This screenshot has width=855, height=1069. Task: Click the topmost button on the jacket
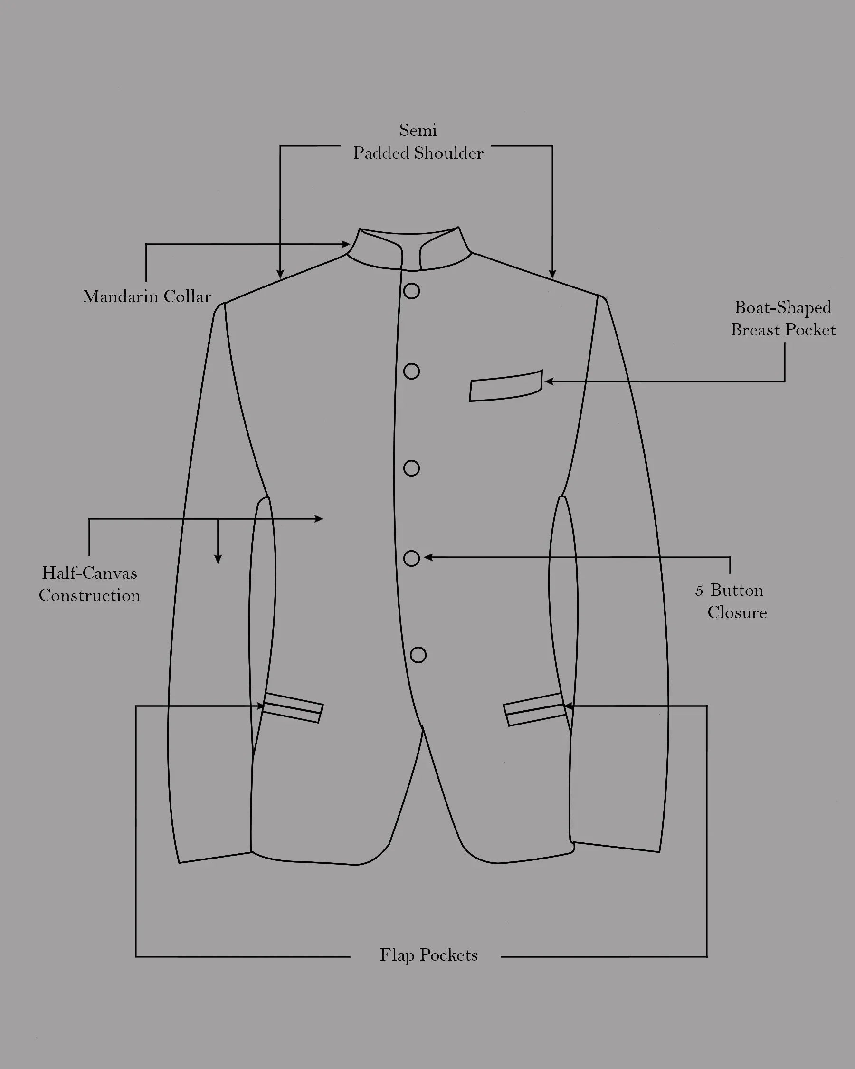411,291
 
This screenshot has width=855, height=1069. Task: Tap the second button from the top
411,372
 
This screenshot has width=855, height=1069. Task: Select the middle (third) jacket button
411,468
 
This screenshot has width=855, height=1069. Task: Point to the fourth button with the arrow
411,558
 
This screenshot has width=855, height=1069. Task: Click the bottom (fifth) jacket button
418,655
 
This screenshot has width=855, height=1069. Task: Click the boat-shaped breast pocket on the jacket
505,386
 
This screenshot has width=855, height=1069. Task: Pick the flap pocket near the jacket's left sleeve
293,708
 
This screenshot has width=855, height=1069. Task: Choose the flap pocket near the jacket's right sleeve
534,710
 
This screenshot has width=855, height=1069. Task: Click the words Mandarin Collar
147,296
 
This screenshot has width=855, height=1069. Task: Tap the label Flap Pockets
428,955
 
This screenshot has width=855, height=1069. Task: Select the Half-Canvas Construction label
90,584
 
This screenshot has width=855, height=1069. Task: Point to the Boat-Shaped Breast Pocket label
783,318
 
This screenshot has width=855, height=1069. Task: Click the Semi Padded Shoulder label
418,142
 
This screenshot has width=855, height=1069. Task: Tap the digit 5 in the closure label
699,591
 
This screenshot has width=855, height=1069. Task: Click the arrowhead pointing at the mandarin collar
346,244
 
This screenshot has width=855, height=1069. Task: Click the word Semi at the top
418,130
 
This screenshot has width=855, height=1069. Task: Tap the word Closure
737,612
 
